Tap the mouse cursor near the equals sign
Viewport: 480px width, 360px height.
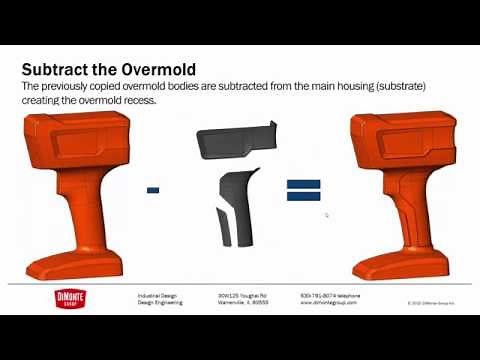[x=327, y=214]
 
